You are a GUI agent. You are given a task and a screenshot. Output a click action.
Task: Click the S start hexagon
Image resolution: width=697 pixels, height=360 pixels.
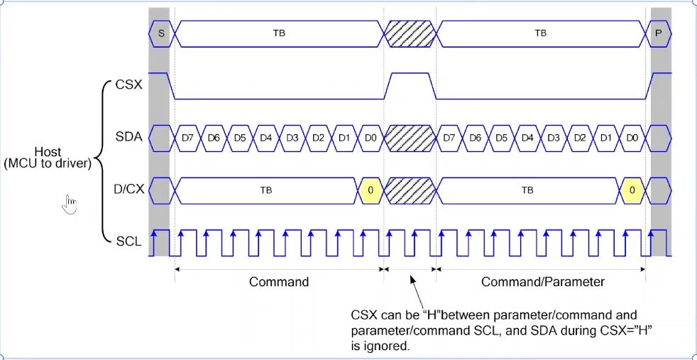click(x=161, y=33)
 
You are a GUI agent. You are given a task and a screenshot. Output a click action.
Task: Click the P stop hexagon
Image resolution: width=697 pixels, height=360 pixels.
click(x=660, y=33)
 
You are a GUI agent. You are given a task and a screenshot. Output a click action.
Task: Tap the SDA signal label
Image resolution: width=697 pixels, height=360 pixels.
click(x=128, y=137)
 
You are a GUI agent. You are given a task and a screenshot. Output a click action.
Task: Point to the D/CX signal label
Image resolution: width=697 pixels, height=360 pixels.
click(x=126, y=190)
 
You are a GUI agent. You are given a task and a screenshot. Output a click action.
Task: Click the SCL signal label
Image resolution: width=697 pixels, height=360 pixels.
click(x=128, y=241)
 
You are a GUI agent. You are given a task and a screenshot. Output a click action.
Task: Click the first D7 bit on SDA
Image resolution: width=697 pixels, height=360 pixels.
click(x=187, y=137)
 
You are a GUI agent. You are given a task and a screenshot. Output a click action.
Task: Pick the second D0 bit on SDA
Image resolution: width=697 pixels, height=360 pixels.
click(x=632, y=137)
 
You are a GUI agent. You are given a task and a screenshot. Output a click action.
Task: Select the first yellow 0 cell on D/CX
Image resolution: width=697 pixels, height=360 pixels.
click(x=371, y=190)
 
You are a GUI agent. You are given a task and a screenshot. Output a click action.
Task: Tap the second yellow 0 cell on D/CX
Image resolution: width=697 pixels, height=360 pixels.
click(x=632, y=190)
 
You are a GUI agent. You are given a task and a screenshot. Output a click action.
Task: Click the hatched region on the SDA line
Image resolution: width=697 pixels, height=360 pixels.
click(x=410, y=137)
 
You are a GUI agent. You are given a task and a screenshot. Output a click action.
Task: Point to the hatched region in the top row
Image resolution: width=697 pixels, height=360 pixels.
click(x=410, y=33)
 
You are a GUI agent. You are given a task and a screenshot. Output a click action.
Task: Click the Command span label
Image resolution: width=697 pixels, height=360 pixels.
click(x=279, y=282)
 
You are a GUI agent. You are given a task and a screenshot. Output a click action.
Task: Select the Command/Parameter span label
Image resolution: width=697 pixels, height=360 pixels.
click(x=543, y=282)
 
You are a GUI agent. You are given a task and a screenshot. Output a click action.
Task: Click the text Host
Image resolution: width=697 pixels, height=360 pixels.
click(x=47, y=152)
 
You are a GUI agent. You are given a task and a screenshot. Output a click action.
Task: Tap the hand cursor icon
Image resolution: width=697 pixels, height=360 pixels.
click(x=70, y=204)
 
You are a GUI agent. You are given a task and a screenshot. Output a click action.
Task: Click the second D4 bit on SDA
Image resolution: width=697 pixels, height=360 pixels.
click(x=528, y=137)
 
